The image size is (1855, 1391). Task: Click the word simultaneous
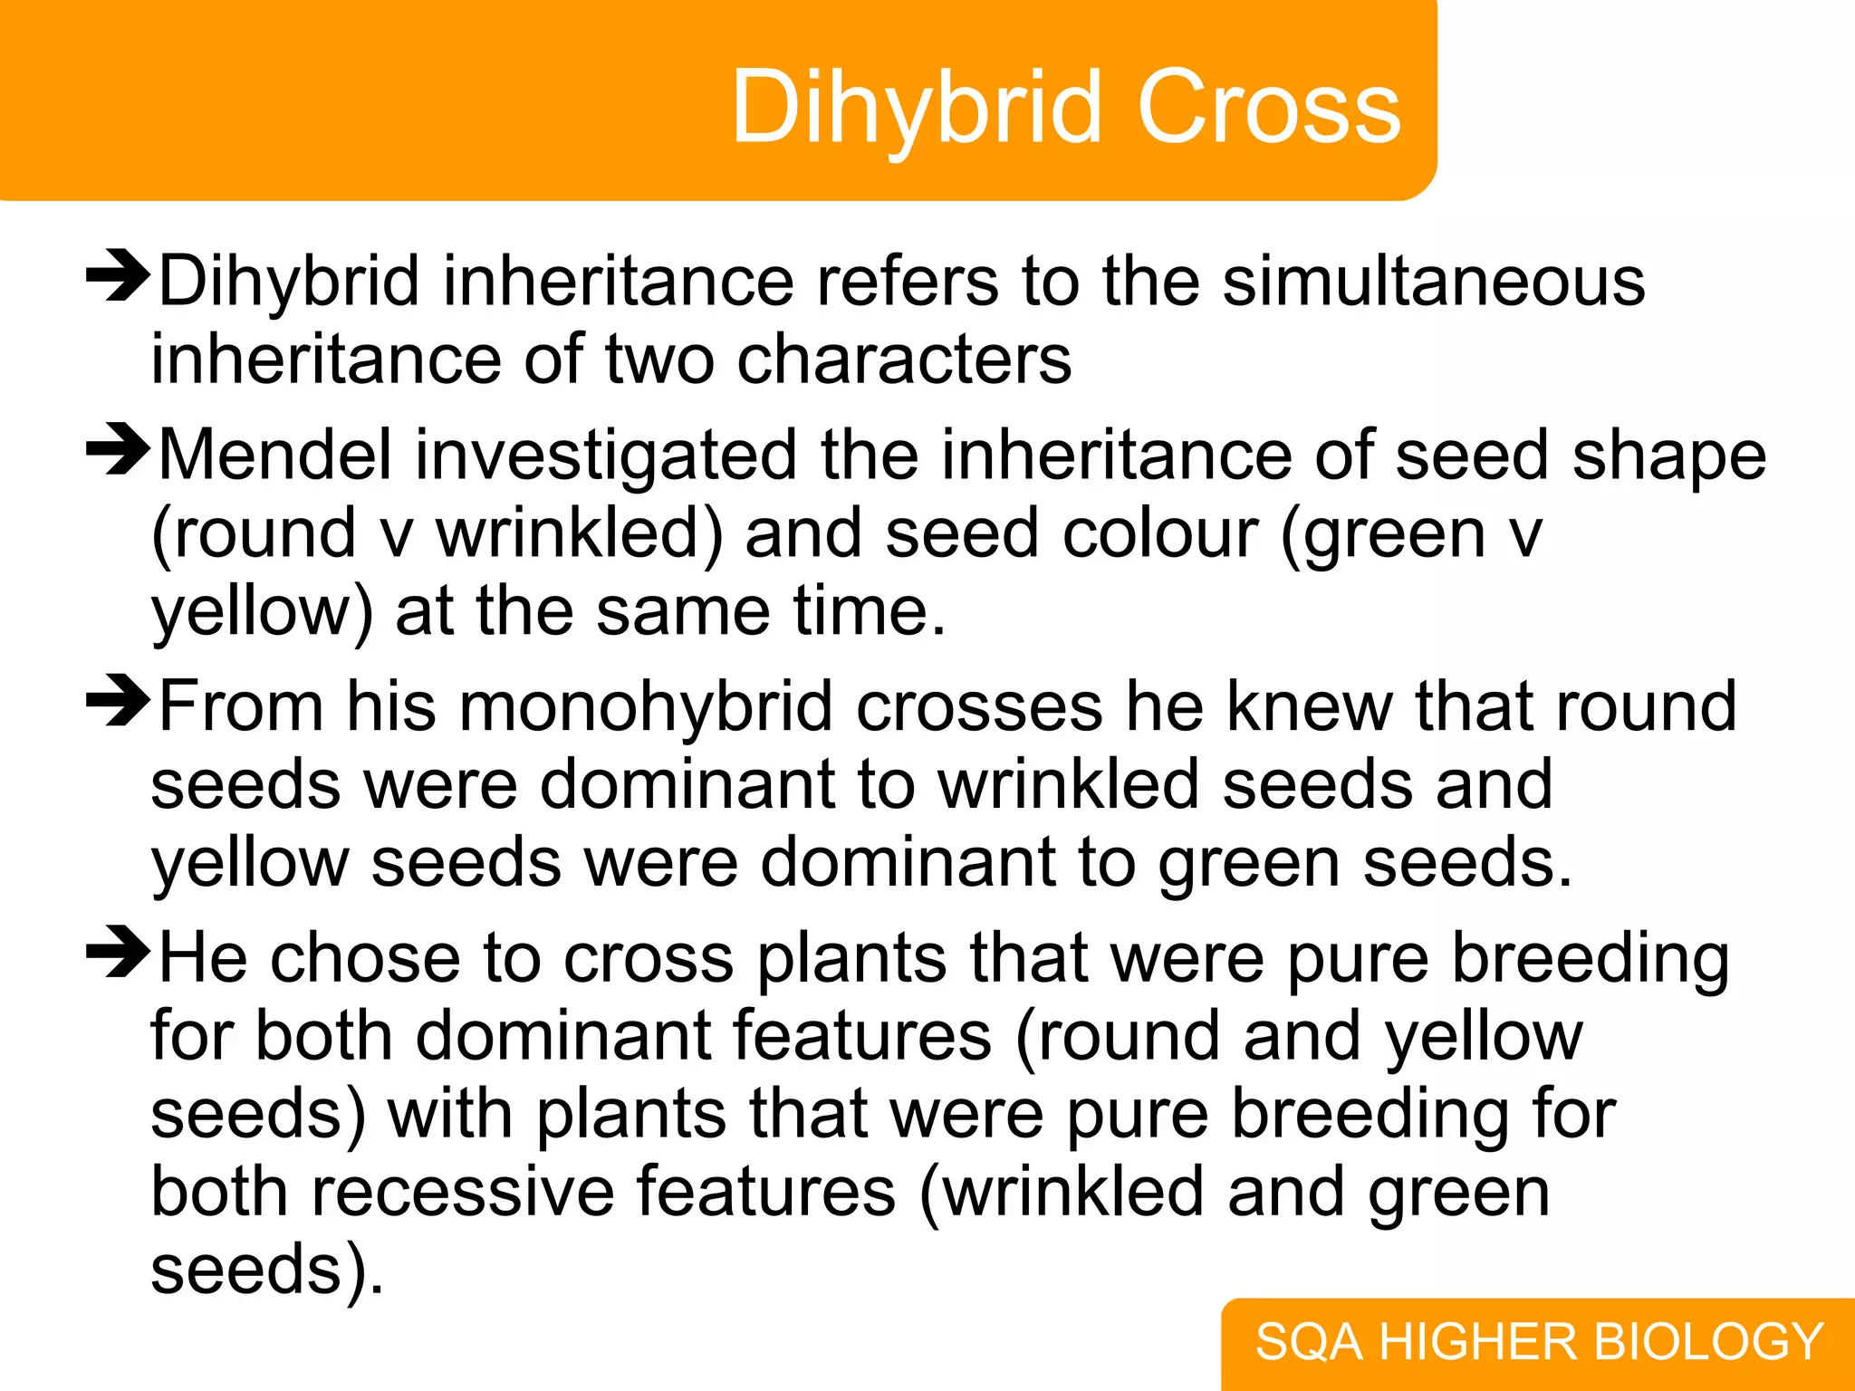(1433, 282)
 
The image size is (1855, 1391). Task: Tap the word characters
(904, 360)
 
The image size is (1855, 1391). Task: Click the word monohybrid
(646, 707)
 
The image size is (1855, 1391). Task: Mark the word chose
(365, 958)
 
